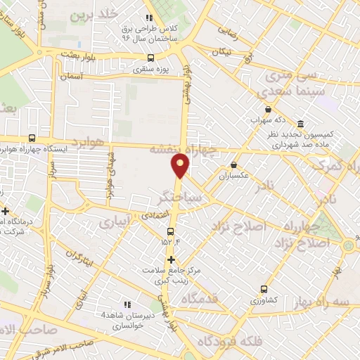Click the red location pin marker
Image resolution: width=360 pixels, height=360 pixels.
coord(181,165)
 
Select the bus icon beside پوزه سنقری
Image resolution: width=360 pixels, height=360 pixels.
coord(150,59)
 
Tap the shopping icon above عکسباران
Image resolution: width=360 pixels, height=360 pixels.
coord(233,166)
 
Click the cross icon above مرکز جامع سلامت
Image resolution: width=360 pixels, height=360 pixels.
coord(171,259)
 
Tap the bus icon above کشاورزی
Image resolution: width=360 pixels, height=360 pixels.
coord(264,288)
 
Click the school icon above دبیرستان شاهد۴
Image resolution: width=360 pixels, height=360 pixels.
coord(127,304)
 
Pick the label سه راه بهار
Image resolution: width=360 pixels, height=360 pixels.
coord(331,300)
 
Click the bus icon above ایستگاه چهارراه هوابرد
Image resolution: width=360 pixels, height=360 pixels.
coord(31,139)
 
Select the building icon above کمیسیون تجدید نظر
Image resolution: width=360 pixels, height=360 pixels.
coord(300,123)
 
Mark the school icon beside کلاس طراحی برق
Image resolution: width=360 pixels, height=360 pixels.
coord(148,18)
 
